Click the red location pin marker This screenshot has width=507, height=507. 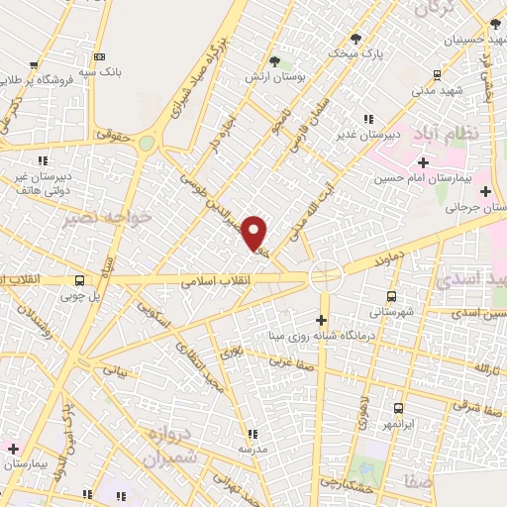pyautogui.click(x=255, y=234)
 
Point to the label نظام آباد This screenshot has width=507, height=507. pyautogui.click(x=455, y=132)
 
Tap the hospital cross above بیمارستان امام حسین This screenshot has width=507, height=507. pyautogui.click(x=423, y=161)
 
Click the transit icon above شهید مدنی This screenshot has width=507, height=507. pyautogui.click(x=438, y=75)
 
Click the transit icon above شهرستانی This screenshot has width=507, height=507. pyautogui.click(x=393, y=295)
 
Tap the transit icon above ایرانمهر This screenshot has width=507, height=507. pyautogui.click(x=398, y=408)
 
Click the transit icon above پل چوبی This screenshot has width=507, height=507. pyautogui.click(x=78, y=280)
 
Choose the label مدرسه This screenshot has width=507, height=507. pyautogui.click(x=252, y=449)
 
